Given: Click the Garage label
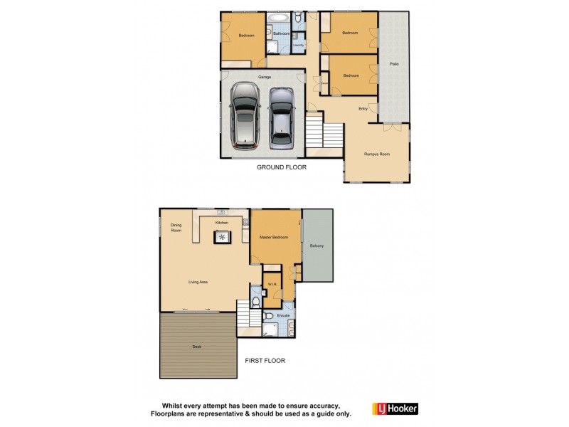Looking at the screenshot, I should [264, 77].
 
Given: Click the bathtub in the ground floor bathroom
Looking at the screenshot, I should [279, 17].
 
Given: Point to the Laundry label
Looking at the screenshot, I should [299, 46].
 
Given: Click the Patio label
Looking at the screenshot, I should [393, 64].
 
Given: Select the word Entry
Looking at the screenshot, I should [363, 108].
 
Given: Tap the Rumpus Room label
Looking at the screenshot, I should [376, 154].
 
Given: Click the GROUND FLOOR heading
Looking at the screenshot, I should [282, 168].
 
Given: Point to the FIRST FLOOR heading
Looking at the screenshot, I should [265, 361].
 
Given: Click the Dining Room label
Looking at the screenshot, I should [176, 228].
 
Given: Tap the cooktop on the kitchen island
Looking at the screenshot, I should [223, 236].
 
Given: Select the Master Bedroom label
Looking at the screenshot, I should [274, 237].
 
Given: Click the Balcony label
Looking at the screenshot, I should [317, 246].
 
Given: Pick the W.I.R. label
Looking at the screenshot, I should [272, 285].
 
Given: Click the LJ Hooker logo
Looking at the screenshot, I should [395, 408].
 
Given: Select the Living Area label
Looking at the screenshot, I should [198, 283].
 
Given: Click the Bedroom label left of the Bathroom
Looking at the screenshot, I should [246, 36].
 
